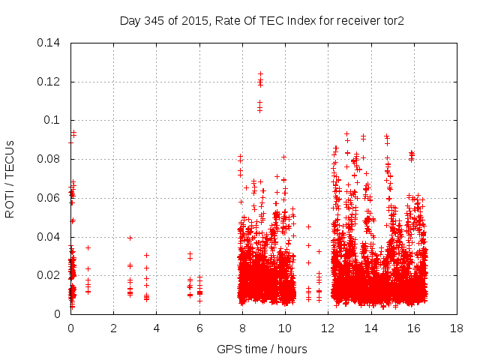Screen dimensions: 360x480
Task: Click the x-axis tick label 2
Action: click(113, 328)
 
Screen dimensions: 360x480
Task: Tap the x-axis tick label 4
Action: click(156, 328)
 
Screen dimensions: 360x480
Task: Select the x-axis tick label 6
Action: click(199, 328)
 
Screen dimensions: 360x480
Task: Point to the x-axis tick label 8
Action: click(242, 328)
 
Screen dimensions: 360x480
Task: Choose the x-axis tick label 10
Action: click(285, 328)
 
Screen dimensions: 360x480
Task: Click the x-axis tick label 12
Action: click(328, 328)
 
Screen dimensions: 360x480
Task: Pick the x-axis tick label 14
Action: click(370, 328)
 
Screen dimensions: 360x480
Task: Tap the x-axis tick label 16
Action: click(414, 328)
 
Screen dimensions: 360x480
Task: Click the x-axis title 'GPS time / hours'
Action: click(262, 349)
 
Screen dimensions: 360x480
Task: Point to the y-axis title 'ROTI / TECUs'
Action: click(10, 178)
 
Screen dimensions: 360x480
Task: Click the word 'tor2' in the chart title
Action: click(392, 20)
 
